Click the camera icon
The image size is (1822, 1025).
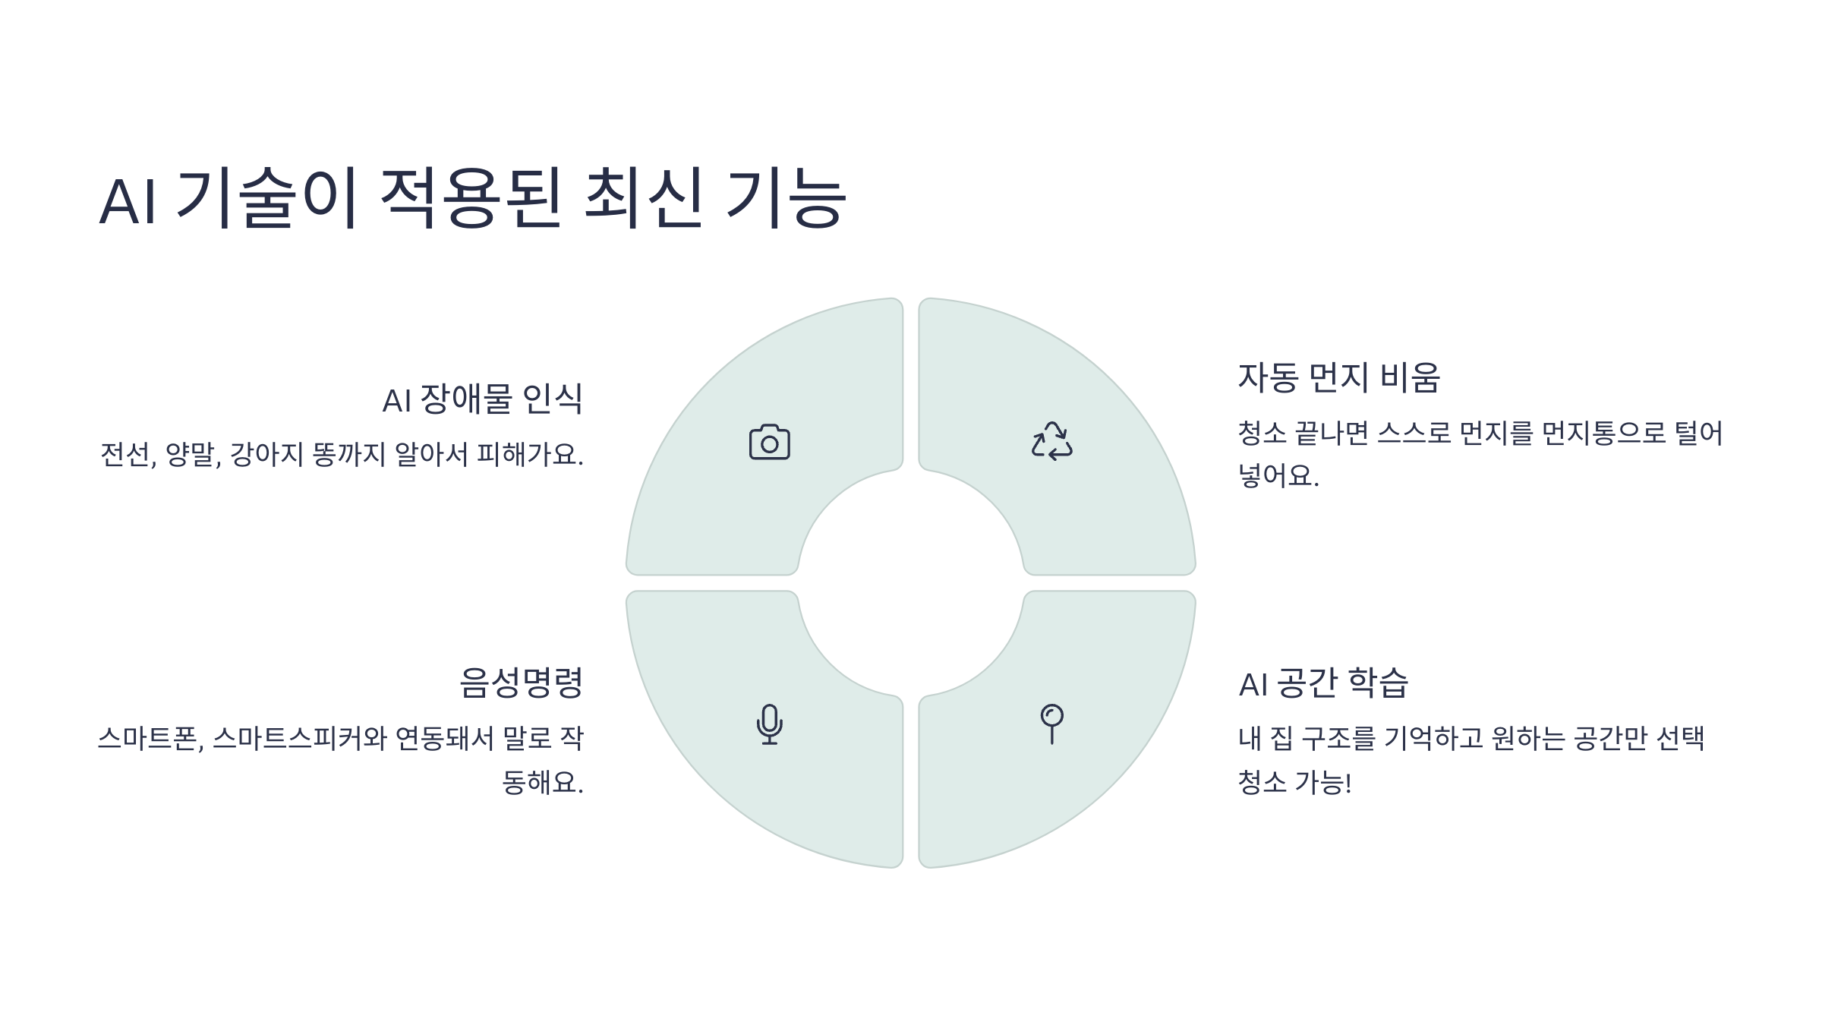coord(769,442)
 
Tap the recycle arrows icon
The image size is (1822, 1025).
coord(1051,441)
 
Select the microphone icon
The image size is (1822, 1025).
coord(769,724)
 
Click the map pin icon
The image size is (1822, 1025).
coord(1051,724)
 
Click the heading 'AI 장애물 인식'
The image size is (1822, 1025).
coord(482,399)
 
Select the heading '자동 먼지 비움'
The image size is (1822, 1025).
coord(1338,377)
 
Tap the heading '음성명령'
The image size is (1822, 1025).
coord(521,683)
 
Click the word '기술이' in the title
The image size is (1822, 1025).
coord(266,199)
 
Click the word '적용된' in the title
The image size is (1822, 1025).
coord(470,199)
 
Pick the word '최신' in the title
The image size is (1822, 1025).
coord(643,199)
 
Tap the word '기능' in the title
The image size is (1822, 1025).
coord(786,199)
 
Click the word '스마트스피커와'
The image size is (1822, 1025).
coord(300,739)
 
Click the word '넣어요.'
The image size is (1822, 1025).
coord(1278,476)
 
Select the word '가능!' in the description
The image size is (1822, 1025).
coord(1322,782)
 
